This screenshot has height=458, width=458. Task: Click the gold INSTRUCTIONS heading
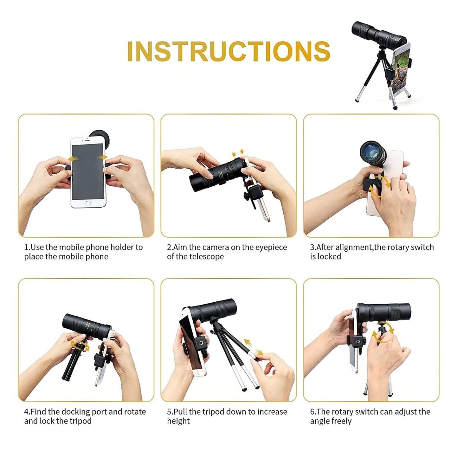229,51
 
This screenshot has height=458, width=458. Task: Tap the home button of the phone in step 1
88,203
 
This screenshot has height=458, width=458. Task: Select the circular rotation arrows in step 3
380,187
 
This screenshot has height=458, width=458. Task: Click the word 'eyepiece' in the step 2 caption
271,247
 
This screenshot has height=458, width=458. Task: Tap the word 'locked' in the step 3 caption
329,257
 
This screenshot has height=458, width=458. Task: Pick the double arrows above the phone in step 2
238,153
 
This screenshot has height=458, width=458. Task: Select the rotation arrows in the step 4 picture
80,345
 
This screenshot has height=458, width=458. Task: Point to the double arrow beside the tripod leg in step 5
254,347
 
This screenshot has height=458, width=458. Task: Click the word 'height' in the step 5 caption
178,421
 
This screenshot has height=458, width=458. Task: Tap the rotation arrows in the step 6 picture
383,335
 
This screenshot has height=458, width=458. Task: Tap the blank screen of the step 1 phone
88,171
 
